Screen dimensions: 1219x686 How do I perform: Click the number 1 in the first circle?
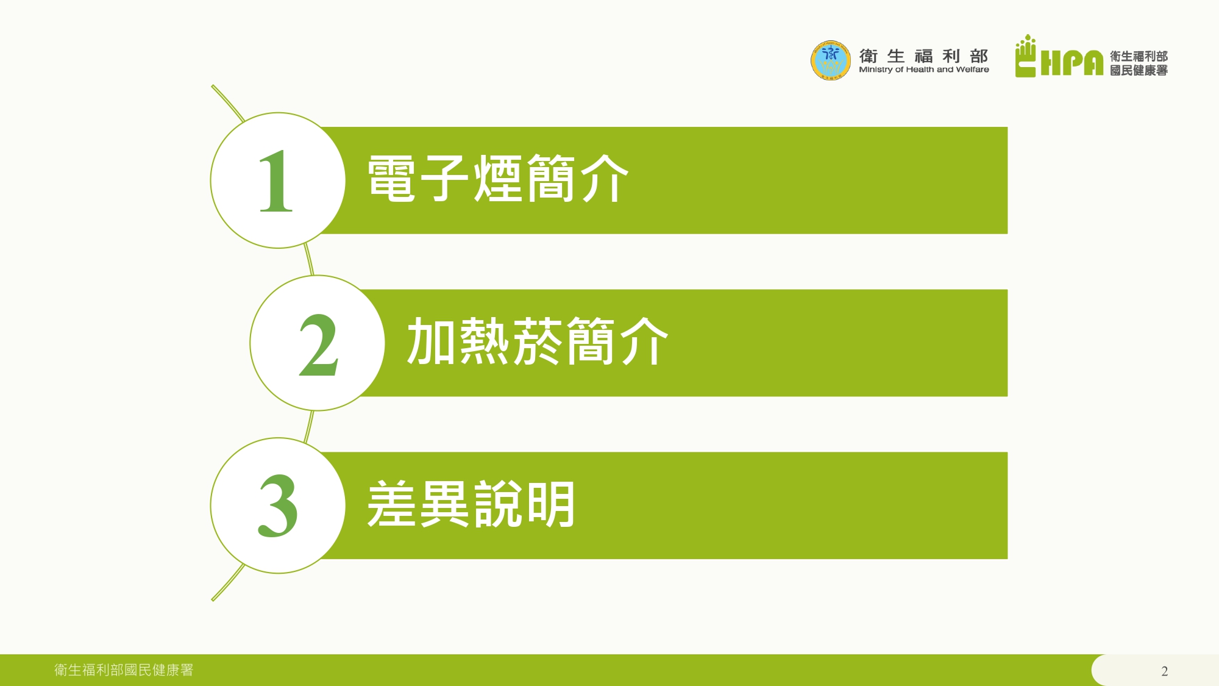276,181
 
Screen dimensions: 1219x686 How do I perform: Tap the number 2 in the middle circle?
318,345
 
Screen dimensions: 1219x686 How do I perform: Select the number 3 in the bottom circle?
278,506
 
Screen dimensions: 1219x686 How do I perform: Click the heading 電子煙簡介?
498,178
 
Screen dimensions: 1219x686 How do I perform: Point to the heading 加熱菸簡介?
538,341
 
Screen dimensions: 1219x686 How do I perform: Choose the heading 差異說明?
471,504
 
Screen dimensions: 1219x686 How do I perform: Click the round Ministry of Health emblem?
830,60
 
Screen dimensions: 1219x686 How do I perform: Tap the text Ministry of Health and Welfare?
924,70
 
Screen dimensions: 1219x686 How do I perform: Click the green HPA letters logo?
1072,63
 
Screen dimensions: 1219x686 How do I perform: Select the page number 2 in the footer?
1164,671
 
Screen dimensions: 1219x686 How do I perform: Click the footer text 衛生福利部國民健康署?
124,670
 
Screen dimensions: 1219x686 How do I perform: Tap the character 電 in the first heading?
392,178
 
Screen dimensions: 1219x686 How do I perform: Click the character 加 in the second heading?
432,341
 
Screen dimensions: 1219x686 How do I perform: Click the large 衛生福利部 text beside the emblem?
924,56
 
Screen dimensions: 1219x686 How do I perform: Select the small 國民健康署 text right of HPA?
1139,71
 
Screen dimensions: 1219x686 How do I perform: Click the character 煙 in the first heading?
498,178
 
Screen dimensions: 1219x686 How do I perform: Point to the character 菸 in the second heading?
538,341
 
